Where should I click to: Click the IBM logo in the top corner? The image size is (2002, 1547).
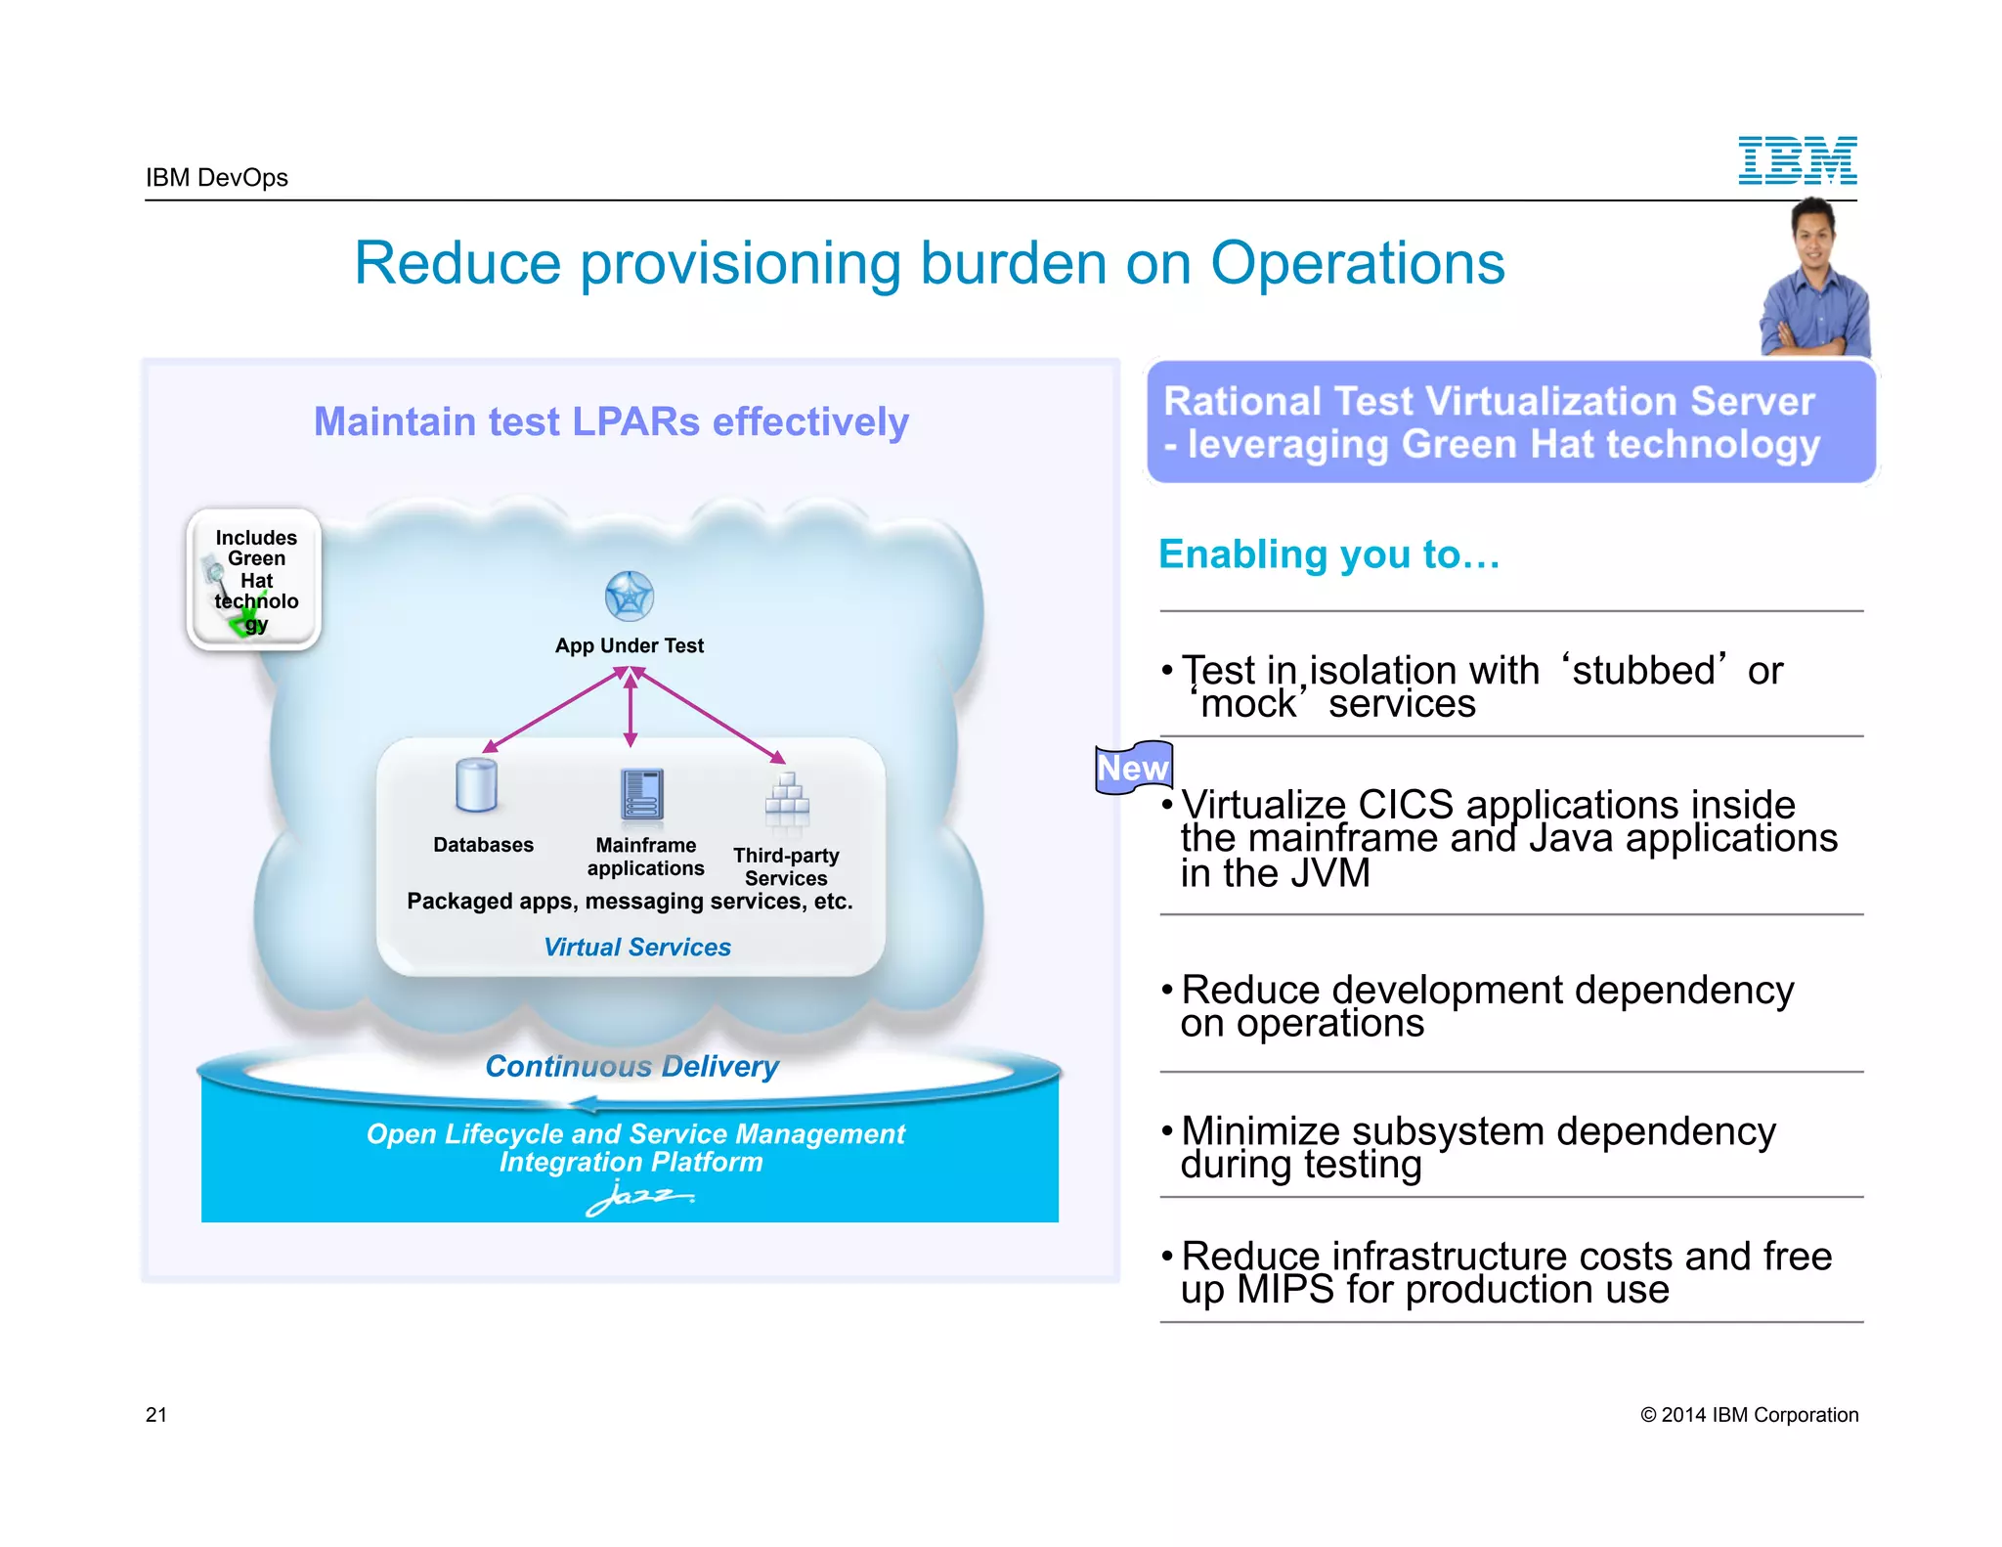coord(1797,160)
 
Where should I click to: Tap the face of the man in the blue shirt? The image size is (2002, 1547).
coord(1814,232)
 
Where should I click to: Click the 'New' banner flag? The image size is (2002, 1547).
coord(1133,768)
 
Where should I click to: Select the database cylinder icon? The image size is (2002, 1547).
coord(476,786)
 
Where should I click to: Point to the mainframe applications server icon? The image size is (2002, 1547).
coord(641,794)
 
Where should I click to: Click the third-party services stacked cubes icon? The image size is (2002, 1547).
coord(787,799)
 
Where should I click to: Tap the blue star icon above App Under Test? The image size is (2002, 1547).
coord(629,597)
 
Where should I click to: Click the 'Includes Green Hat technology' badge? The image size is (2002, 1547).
coord(255,580)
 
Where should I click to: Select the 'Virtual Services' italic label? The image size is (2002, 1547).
coord(636,947)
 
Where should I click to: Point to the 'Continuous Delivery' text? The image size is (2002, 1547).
coord(631,1066)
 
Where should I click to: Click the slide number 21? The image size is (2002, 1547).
coord(156,1414)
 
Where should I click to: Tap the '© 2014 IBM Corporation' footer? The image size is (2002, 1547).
coord(1749,1414)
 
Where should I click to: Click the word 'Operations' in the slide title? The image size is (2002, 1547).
coord(1357,263)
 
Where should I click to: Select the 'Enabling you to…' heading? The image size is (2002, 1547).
coord(1328,554)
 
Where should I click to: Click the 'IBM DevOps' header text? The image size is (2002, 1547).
coord(217,177)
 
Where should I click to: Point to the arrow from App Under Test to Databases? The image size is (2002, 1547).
coord(553,710)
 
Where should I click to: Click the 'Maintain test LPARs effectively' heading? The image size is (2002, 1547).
coord(611,421)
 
